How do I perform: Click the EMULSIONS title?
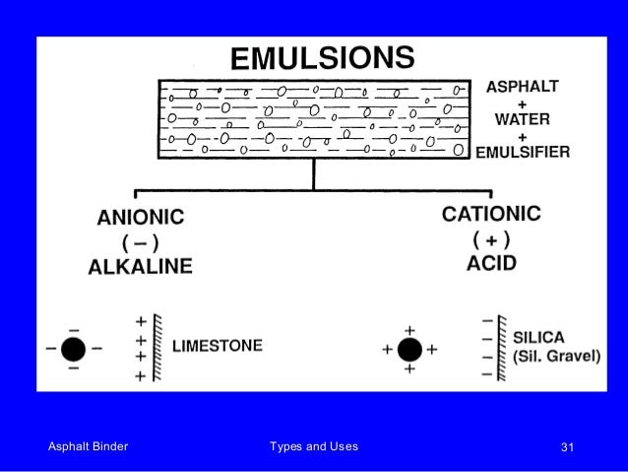click(x=323, y=57)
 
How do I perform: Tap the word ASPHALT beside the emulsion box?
click(x=522, y=87)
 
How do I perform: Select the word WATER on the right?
click(x=522, y=119)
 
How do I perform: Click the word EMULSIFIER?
click(x=522, y=153)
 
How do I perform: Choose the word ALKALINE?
click(x=140, y=266)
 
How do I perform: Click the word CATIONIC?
click(x=491, y=214)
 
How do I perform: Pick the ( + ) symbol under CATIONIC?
click(x=489, y=238)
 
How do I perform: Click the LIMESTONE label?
click(x=218, y=346)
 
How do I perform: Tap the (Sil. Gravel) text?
click(x=556, y=356)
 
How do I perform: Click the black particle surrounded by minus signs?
click(x=73, y=349)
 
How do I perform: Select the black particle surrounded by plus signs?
click(x=410, y=349)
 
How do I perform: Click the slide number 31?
click(x=566, y=448)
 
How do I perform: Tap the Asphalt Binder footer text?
click(x=89, y=447)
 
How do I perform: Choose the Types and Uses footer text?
click(x=314, y=447)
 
